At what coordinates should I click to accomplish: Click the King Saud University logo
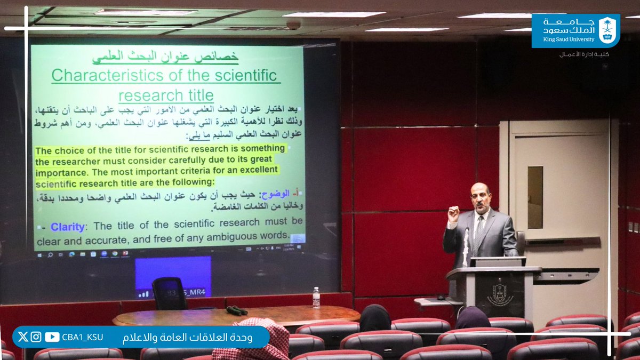point(575,31)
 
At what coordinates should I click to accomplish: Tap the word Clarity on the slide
point(67,227)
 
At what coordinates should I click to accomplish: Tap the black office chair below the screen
point(170,293)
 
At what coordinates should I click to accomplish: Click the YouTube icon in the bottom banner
point(52,337)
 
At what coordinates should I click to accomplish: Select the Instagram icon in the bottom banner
point(36,337)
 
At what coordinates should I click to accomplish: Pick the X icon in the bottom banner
point(22,337)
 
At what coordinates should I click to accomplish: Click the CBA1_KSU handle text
point(82,337)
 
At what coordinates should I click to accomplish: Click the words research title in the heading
point(165,95)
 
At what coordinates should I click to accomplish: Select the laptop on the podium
point(497,261)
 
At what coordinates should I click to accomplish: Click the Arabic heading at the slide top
point(165,56)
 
